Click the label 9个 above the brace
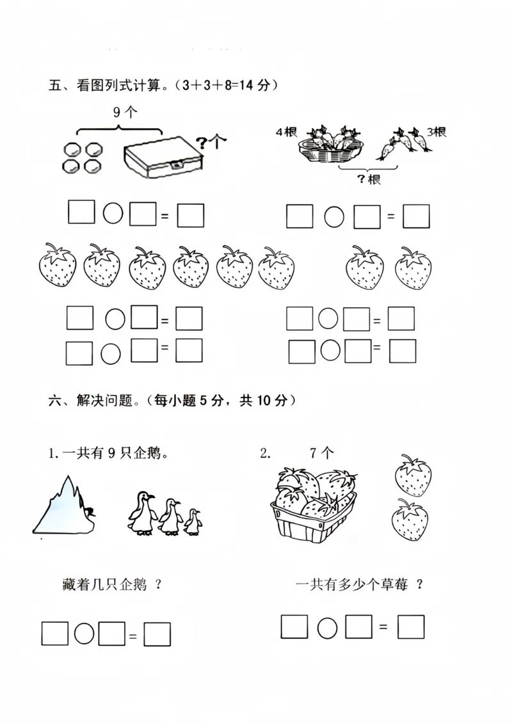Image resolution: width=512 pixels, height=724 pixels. coord(125,113)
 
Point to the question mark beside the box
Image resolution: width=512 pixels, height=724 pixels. coord(202,143)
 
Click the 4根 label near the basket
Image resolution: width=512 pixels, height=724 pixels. coord(285,133)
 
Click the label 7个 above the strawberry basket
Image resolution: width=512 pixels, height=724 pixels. coord(321,454)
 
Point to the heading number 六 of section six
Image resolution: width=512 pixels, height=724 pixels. coord(54,401)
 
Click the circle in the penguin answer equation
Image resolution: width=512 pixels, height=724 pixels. coord(84,634)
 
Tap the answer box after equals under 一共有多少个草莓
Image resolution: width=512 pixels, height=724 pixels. coord(411,627)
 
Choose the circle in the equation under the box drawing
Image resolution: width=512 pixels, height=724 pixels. coord(113,213)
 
